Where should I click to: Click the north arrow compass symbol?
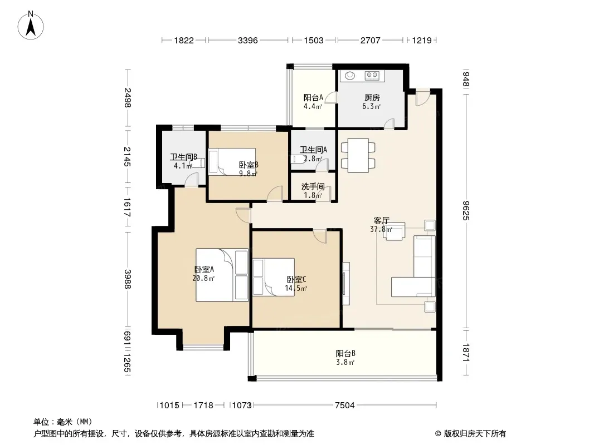(x=31, y=26)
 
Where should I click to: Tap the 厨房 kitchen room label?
(x=371, y=97)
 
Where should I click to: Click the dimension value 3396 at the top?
(x=248, y=40)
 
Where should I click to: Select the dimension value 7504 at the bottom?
(x=345, y=406)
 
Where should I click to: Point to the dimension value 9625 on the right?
(x=466, y=211)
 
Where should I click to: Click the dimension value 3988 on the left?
(x=128, y=279)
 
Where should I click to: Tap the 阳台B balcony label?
(x=345, y=354)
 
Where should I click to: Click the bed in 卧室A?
(x=222, y=275)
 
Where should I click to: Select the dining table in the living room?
(x=358, y=155)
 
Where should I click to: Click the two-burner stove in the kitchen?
(x=372, y=76)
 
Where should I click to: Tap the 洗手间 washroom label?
(x=313, y=186)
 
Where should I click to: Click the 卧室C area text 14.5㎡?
(x=296, y=288)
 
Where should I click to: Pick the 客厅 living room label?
(x=382, y=220)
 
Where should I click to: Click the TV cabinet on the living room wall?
(x=346, y=284)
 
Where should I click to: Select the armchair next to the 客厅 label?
(x=394, y=231)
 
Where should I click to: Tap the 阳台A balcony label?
(x=313, y=97)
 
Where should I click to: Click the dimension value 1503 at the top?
(x=314, y=40)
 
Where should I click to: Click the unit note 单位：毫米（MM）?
(x=63, y=422)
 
